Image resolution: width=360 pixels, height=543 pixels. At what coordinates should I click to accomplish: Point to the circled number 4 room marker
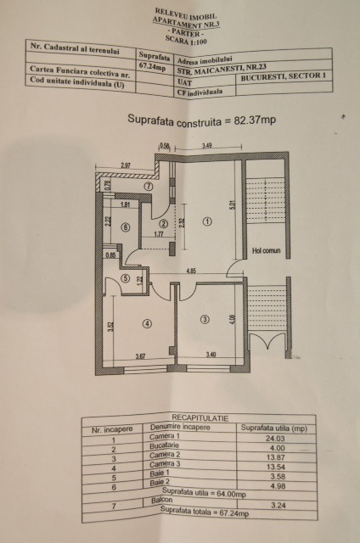click(x=147, y=323)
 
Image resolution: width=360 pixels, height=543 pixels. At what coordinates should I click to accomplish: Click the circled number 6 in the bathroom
click(x=124, y=227)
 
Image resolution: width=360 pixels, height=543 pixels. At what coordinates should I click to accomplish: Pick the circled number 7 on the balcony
click(x=148, y=185)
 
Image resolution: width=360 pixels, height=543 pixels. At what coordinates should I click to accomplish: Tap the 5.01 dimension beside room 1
click(x=230, y=204)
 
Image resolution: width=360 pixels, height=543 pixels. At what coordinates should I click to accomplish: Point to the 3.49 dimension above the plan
click(x=207, y=147)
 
